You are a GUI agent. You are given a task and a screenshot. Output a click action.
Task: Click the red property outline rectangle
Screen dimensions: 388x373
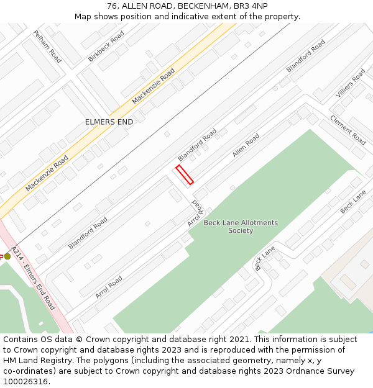185,174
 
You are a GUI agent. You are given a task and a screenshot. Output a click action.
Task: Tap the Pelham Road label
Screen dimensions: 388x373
47,46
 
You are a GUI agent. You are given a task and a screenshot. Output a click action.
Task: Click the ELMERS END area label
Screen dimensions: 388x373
109,122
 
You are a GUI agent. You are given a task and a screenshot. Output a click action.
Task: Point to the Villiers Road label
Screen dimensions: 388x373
351,83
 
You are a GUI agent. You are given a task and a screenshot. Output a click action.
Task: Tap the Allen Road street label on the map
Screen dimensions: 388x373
246,145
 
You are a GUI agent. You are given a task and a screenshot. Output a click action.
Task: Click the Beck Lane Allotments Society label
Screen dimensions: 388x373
241,227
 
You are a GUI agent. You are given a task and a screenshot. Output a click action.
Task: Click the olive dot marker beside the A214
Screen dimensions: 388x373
7,256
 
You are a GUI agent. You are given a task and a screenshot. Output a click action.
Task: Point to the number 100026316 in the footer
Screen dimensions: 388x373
26,382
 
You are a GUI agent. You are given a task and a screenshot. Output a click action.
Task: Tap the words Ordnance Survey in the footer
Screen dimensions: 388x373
323,371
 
